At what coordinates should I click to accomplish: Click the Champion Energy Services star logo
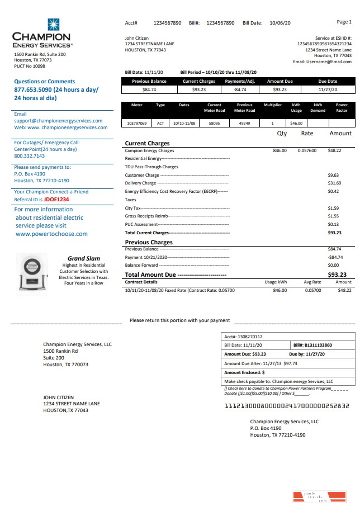53,25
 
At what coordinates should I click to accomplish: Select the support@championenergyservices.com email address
58,121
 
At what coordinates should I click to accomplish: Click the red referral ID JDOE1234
56,199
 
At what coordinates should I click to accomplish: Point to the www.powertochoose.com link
51,234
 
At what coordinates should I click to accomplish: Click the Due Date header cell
328,82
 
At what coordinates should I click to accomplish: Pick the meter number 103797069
136,123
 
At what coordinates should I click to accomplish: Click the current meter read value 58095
214,123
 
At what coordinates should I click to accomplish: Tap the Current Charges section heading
147,143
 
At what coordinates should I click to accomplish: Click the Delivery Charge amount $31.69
334,183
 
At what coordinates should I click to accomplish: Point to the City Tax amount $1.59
333,208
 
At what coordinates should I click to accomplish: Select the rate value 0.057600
307,150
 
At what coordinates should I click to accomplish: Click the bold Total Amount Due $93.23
337,275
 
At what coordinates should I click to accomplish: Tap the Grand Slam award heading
84,258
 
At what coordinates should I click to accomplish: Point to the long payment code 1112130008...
287,406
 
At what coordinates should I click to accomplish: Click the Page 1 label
344,22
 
